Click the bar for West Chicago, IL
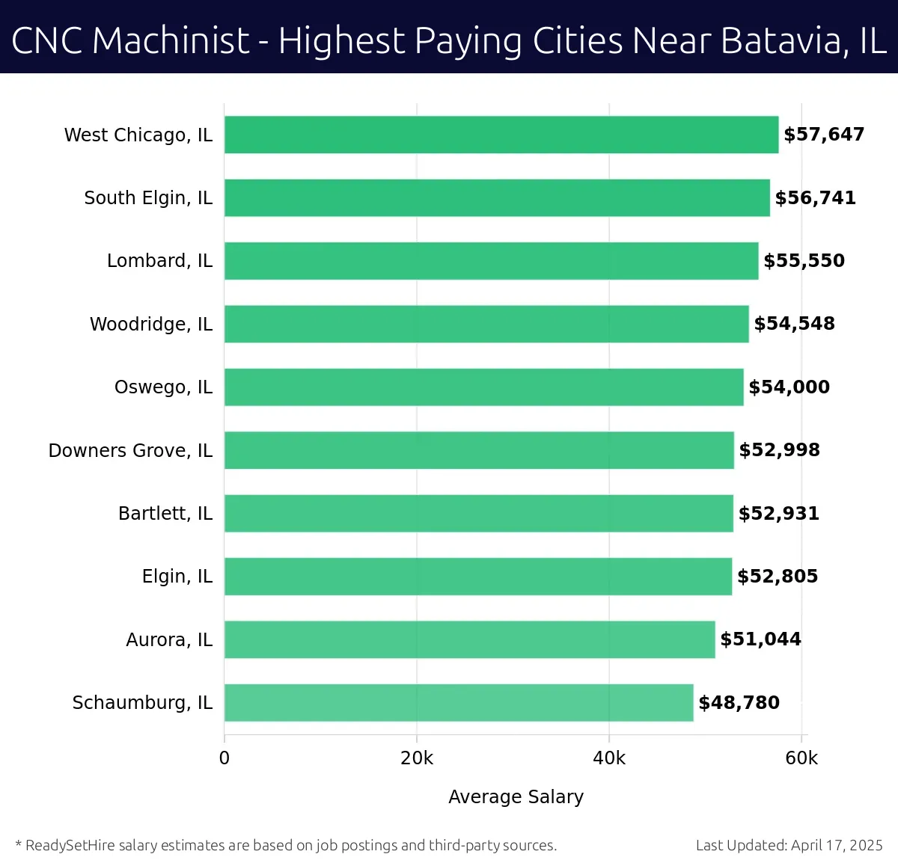tap(501, 135)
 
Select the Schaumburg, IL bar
tap(459, 703)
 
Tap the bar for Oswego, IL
tap(484, 387)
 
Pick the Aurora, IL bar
tap(470, 639)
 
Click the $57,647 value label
tap(824, 135)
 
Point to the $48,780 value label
tap(739, 703)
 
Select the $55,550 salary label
tap(804, 261)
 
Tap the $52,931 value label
tap(779, 514)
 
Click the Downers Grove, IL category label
tap(130, 451)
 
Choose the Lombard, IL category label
tap(159, 261)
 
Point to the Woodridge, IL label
tap(151, 325)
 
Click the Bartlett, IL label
tap(165, 514)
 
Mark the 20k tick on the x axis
tap(417, 758)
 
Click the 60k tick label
tap(801, 758)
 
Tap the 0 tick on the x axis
tap(224, 758)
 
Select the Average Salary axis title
tap(516, 797)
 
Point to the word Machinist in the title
tap(171, 41)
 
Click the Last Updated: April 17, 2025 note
tap(789, 846)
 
